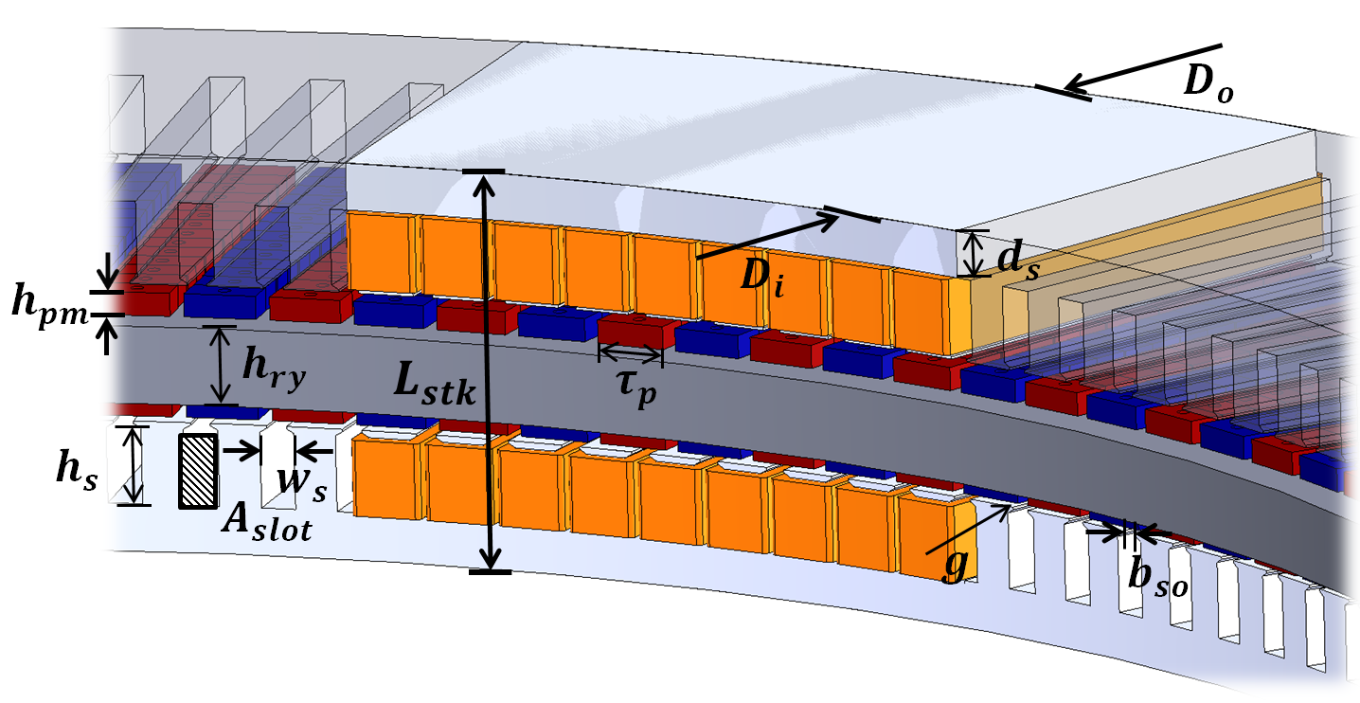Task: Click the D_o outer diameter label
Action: [1209, 84]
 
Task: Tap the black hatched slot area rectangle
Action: [198, 471]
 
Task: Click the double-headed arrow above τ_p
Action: [631, 354]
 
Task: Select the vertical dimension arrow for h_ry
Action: [223, 365]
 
